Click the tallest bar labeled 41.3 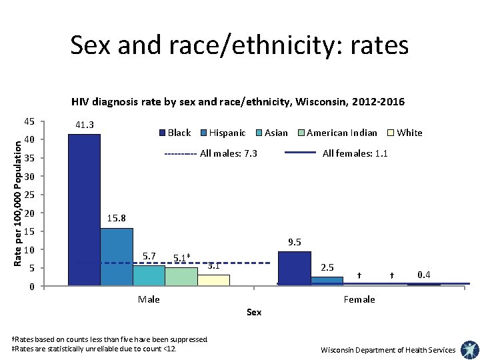(84, 210)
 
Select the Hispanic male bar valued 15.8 (117, 257)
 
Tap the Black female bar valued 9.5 (294, 269)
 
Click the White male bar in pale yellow (213, 280)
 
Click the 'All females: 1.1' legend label (355, 154)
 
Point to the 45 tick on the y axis (29, 122)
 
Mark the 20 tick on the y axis (29, 213)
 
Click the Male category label (149, 299)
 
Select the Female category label (359, 299)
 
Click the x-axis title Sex (254, 312)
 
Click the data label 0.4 (423, 275)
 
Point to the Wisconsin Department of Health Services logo (469, 349)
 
